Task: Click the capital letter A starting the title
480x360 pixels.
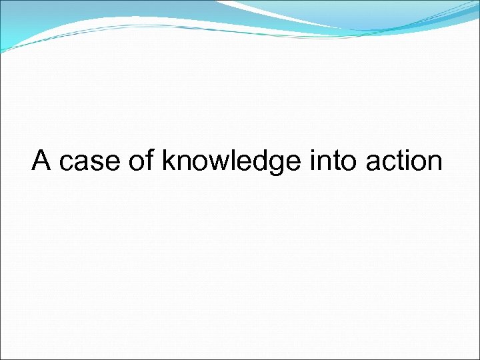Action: click(42, 161)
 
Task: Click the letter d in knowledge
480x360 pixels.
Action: click(256, 161)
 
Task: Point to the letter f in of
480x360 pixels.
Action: click(149, 161)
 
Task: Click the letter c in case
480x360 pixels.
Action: click(66, 164)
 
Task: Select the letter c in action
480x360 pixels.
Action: click(388, 164)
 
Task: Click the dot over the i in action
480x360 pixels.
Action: click(407, 151)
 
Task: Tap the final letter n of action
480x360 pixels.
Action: click(434, 164)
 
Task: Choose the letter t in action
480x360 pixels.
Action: click(399, 162)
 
